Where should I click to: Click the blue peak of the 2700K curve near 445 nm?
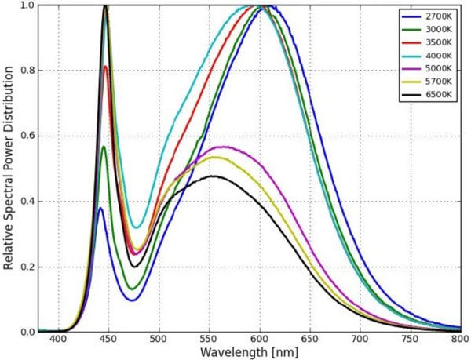click(101, 208)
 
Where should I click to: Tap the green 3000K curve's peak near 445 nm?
click(104, 147)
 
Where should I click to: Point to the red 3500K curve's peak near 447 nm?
click(105, 67)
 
